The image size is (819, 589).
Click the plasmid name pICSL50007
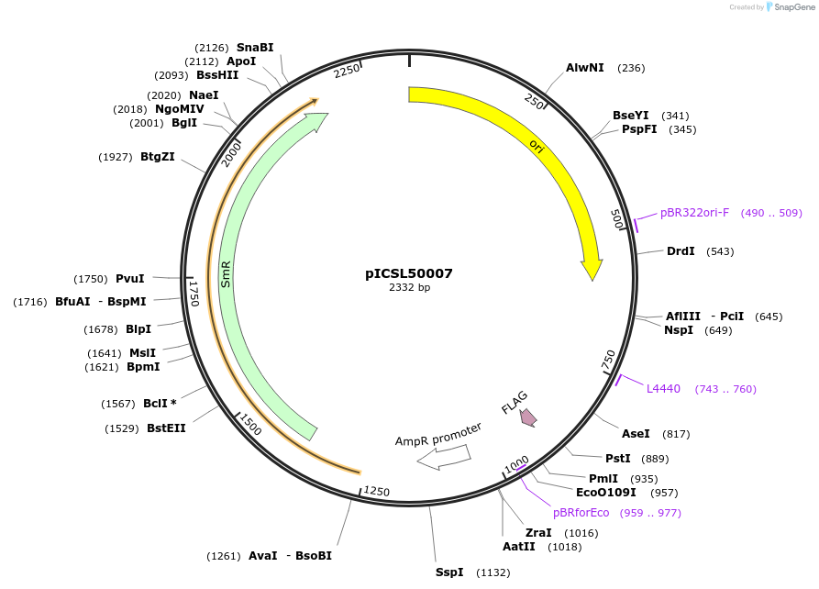[409, 273]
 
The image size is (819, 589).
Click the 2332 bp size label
[409, 288]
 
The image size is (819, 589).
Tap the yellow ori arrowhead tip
[592, 279]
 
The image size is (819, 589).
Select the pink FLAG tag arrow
[527, 417]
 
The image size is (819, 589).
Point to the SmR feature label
[226, 274]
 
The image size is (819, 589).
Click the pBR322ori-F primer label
[694, 213]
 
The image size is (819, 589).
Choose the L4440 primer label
[663, 389]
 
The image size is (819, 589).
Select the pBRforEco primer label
[581, 513]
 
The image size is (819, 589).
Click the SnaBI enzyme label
[255, 48]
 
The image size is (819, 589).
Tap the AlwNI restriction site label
[584, 68]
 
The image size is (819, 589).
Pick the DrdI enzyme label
[681, 251]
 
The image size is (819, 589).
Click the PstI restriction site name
[617, 459]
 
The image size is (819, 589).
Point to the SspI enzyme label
[449, 572]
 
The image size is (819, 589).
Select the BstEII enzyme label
[166, 428]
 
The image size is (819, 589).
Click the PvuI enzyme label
[130, 279]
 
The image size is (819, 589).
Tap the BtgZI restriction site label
[158, 157]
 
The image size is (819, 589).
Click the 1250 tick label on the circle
[377, 493]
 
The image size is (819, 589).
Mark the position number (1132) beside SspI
[493, 572]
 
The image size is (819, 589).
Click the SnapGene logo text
[794, 7]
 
